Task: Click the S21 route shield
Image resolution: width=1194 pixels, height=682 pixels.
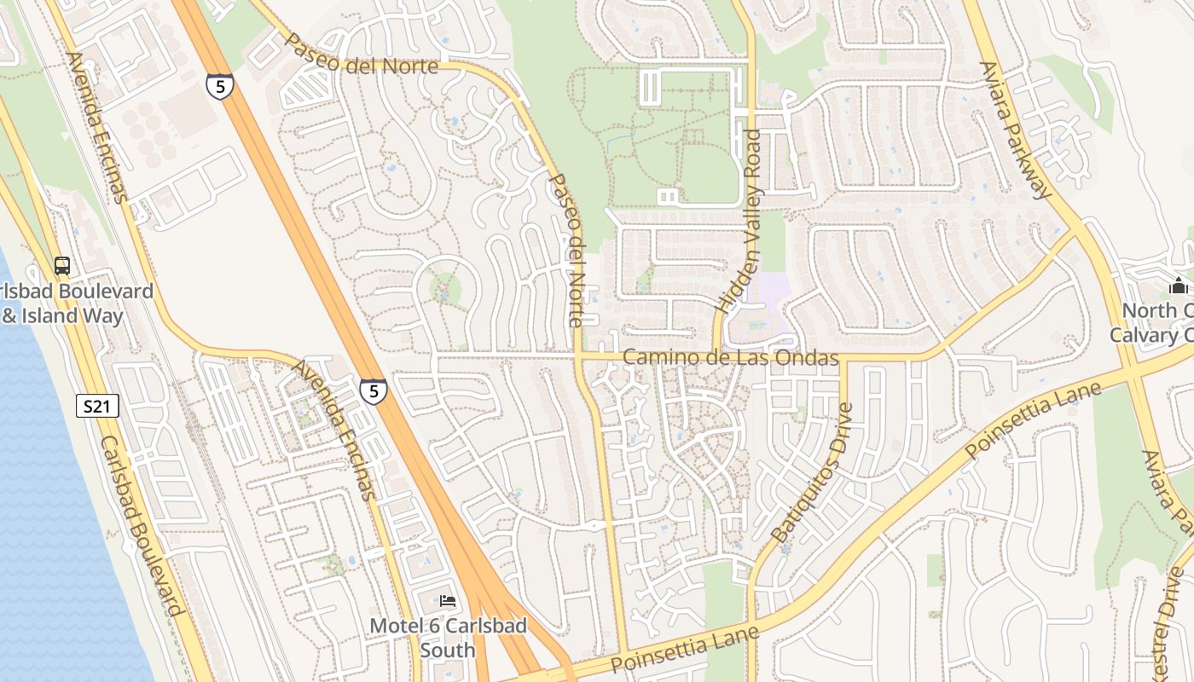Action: click(97, 407)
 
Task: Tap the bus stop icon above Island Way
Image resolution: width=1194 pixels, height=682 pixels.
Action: click(62, 265)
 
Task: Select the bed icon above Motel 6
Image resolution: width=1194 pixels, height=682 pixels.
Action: click(448, 601)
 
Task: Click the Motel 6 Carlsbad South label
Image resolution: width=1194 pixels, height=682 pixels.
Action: click(448, 638)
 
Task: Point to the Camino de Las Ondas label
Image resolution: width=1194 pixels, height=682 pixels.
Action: click(731, 357)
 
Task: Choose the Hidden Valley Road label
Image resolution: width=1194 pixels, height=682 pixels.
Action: click(739, 220)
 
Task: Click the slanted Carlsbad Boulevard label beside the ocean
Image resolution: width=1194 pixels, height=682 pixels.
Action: click(142, 526)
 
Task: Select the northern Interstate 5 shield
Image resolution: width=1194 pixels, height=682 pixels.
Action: click(219, 86)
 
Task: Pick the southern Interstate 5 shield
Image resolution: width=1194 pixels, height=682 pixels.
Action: click(373, 390)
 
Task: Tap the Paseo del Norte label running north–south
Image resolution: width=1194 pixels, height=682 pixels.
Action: click(568, 251)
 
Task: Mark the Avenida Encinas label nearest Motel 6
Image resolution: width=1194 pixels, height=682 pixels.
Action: click(335, 430)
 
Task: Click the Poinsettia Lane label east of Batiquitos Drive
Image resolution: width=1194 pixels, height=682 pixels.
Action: click(1034, 419)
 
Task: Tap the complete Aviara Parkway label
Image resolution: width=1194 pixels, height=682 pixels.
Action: click(1015, 130)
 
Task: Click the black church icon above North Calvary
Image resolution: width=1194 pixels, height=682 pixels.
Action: click(1179, 286)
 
